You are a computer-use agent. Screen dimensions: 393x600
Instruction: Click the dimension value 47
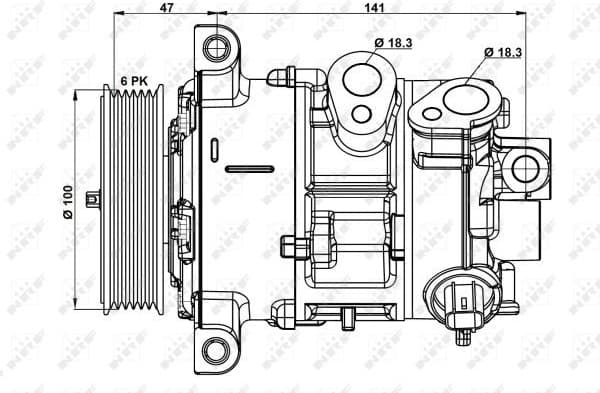(168, 7)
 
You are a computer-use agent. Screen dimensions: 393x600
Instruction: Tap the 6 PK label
(136, 79)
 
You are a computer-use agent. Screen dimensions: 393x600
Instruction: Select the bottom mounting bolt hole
(214, 349)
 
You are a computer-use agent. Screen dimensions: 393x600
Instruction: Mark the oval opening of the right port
(462, 100)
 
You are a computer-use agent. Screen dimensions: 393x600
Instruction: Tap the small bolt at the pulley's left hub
(92, 199)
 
